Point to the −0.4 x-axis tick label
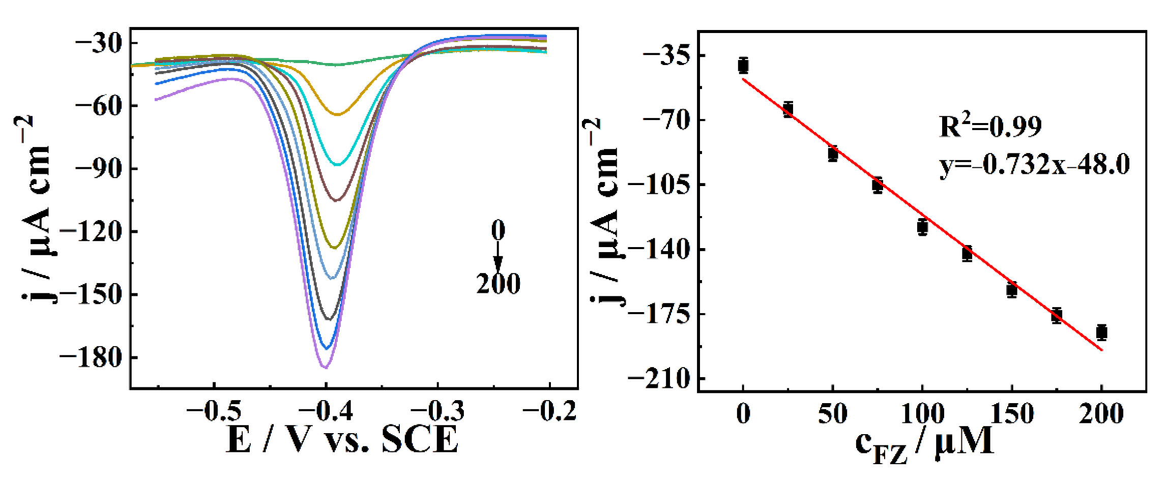[326, 411]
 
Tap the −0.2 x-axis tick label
[549, 411]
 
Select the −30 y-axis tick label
[99, 43]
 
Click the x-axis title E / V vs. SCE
[342, 439]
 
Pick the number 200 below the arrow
[498, 284]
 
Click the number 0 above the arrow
[498, 230]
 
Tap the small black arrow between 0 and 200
[498, 257]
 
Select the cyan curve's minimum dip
[338, 165]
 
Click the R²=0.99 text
[990, 126]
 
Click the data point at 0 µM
[743, 66]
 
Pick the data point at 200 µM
[1101, 332]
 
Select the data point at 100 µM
[922, 227]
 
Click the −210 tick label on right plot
[659, 379]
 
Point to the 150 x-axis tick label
[1012, 414]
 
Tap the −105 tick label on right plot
[659, 185]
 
